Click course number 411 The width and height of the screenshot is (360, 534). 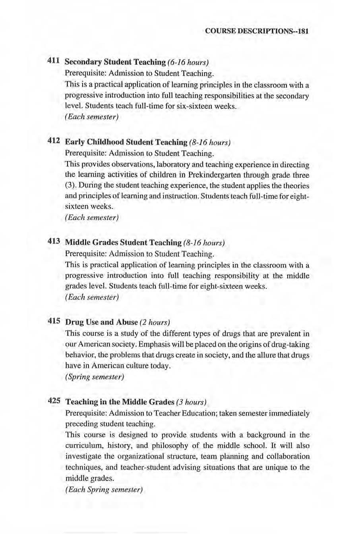[x=54, y=61]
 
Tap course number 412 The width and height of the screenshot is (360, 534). [x=54, y=141]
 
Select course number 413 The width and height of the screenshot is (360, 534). [x=54, y=241]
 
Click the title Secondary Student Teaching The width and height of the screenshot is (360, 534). [x=115, y=62]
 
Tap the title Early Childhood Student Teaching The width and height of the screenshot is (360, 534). [x=126, y=142]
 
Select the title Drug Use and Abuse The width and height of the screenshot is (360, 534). [x=101, y=322]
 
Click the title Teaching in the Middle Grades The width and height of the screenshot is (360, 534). [x=120, y=402]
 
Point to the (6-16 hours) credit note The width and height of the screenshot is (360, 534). [x=188, y=62]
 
